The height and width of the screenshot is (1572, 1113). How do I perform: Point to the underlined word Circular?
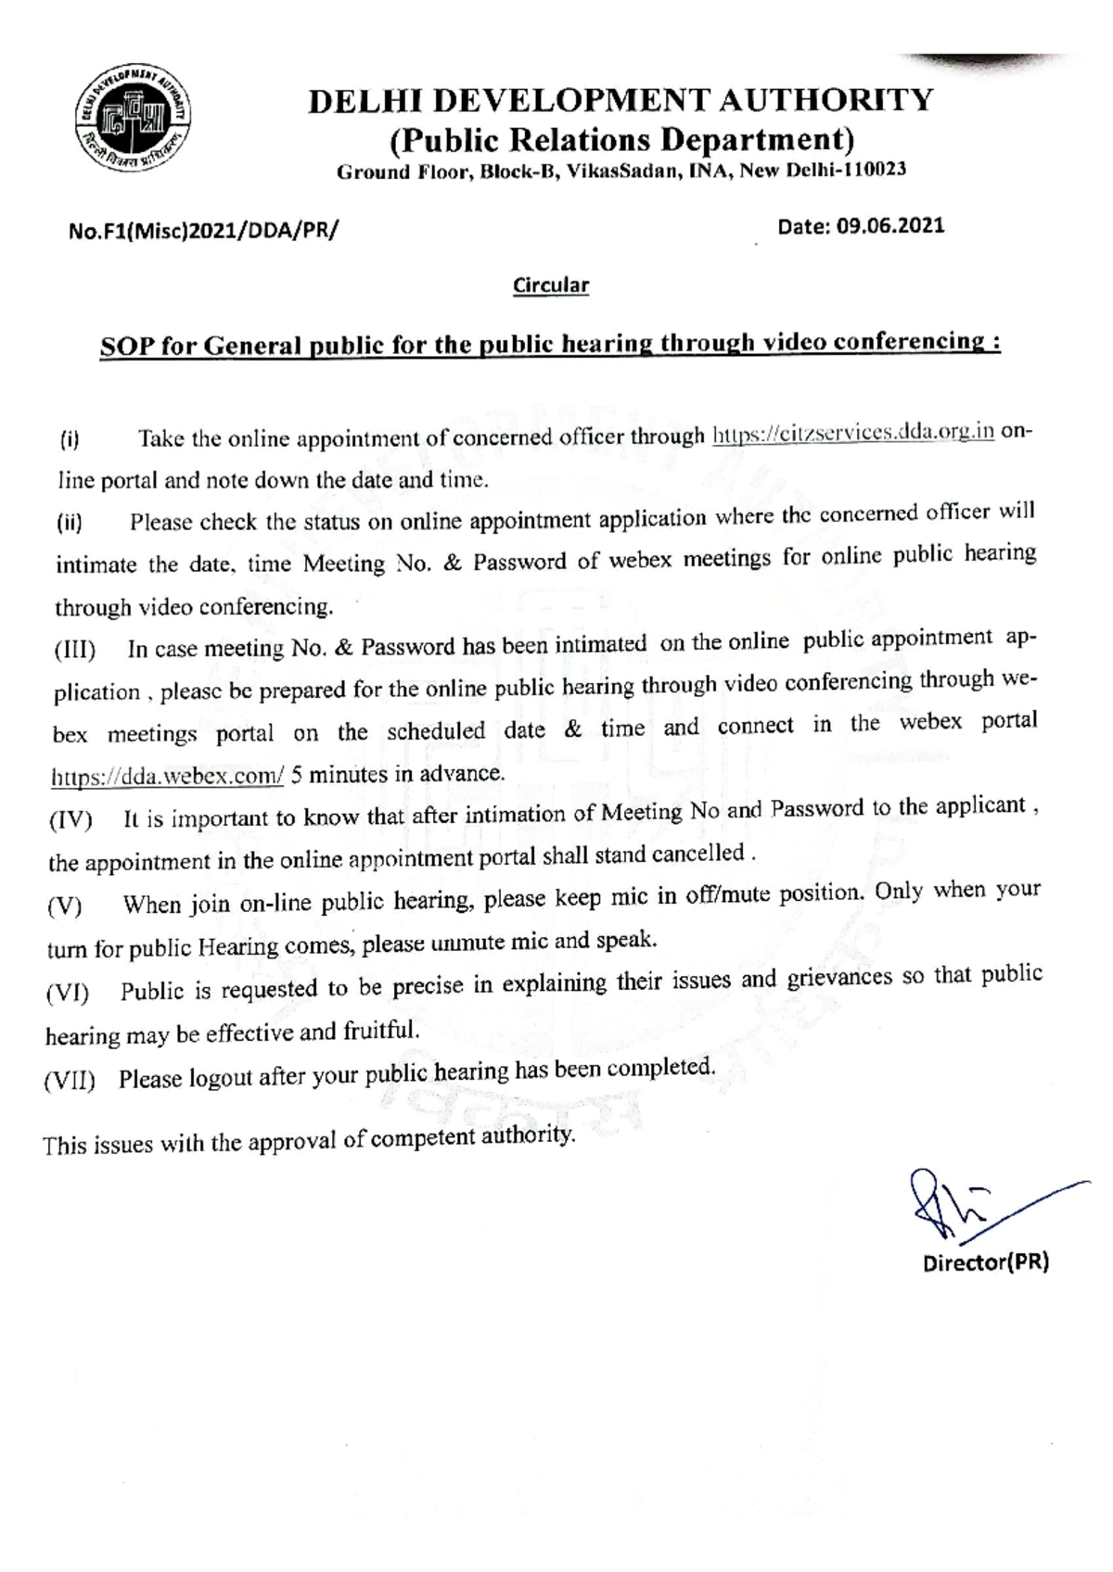point(551,285)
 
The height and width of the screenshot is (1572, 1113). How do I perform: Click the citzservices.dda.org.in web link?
point(852,434)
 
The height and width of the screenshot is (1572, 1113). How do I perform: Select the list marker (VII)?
point(70,1081)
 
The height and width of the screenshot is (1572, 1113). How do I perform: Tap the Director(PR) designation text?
point(985,1262)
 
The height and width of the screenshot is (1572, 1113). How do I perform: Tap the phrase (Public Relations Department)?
point(621,140)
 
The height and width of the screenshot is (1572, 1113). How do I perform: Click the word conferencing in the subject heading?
point(913,342)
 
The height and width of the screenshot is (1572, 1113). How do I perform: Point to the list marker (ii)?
point(70,524)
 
